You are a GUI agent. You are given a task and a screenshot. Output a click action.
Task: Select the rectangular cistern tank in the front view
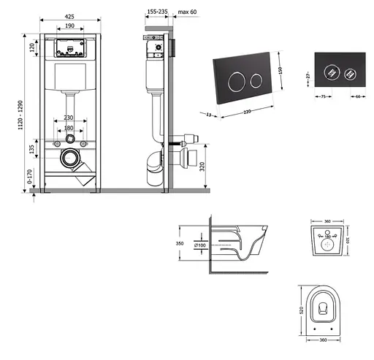[70, 76]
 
